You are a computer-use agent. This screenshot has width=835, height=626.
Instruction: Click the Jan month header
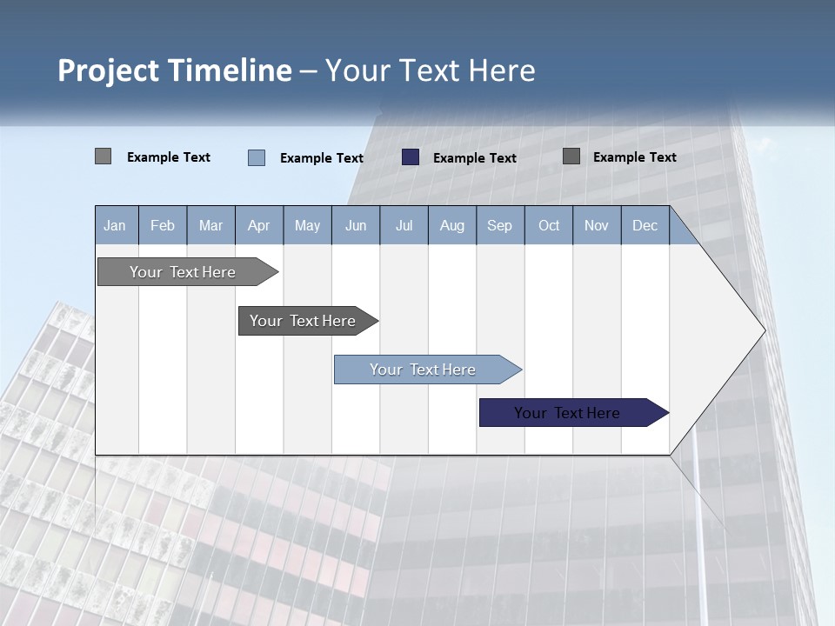[x=116, y=225]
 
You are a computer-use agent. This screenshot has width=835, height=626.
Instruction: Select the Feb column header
[x=163, y=225]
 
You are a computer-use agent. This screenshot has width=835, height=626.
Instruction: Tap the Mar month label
[x=210, y=225]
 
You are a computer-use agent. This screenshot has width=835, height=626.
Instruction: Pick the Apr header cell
[x=259, y=225]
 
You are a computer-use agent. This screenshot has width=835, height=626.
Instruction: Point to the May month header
[x=307, y=225]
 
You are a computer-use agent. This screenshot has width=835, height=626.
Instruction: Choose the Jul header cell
[x=404, y=225]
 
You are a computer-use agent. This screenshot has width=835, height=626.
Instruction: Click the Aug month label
[x=452, y=225]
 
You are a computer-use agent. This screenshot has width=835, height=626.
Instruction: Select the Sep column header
[x=500, y=225]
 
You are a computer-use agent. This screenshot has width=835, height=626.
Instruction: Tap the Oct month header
[x=549, y=225]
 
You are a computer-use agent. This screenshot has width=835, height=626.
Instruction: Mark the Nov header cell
[x=597, y=225]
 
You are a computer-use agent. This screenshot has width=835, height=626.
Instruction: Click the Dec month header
[x=645, y=225]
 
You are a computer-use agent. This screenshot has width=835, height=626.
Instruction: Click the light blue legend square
[x=257, y=157]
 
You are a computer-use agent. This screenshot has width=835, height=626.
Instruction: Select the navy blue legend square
[x=411, y=157]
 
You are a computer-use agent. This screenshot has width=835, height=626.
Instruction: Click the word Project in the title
[x=109, y=70]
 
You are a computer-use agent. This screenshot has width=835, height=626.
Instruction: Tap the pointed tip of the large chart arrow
[x=763, y=330]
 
